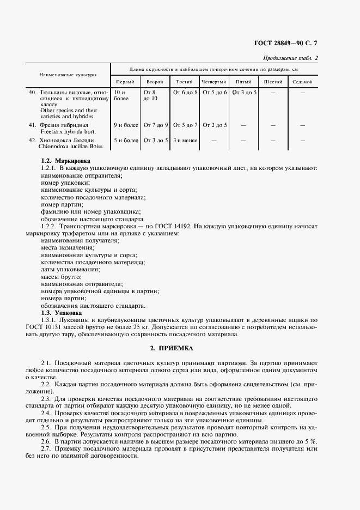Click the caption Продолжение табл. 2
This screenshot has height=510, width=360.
[x=290, y=58]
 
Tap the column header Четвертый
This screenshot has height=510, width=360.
[x=214, y=82]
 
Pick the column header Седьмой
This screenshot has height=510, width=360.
[x=302, y=82]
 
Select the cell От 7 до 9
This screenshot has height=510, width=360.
[x=155, y=125]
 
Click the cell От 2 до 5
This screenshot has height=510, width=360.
[x=214, y=125]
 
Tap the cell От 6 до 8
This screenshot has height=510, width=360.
[x=185, y=93]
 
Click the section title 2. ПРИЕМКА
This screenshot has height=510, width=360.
[x=180, y=348]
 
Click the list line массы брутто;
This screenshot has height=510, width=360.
[x=61, y=277]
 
